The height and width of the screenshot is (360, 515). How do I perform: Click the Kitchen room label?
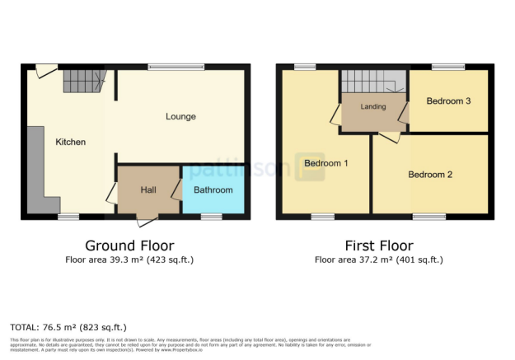(x=70, y=143)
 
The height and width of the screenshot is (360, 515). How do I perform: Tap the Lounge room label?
(x=180, y=117)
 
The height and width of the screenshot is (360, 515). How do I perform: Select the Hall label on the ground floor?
(x=148, y=190)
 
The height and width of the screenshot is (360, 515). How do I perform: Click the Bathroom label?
(x=213, y=190)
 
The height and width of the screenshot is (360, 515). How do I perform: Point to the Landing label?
(x=373, y=106)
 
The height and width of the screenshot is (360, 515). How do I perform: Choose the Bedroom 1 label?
(x=325, y=163)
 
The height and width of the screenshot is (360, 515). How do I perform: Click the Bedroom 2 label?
(x=430, y=175)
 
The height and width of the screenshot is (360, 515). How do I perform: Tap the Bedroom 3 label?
(x=448, y=101)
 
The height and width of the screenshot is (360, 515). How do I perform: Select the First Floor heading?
(x=378, y=245)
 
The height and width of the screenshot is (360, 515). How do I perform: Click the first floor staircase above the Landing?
(x=373, y=82)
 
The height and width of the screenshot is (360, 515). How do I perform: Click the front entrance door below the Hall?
(x=146, y=220)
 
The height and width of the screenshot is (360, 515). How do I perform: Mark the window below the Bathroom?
(x=212, y=217)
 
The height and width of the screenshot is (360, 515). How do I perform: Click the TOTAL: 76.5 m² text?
(x=68, y=327)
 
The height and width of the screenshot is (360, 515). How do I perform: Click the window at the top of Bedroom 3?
(x=447, y=67)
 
